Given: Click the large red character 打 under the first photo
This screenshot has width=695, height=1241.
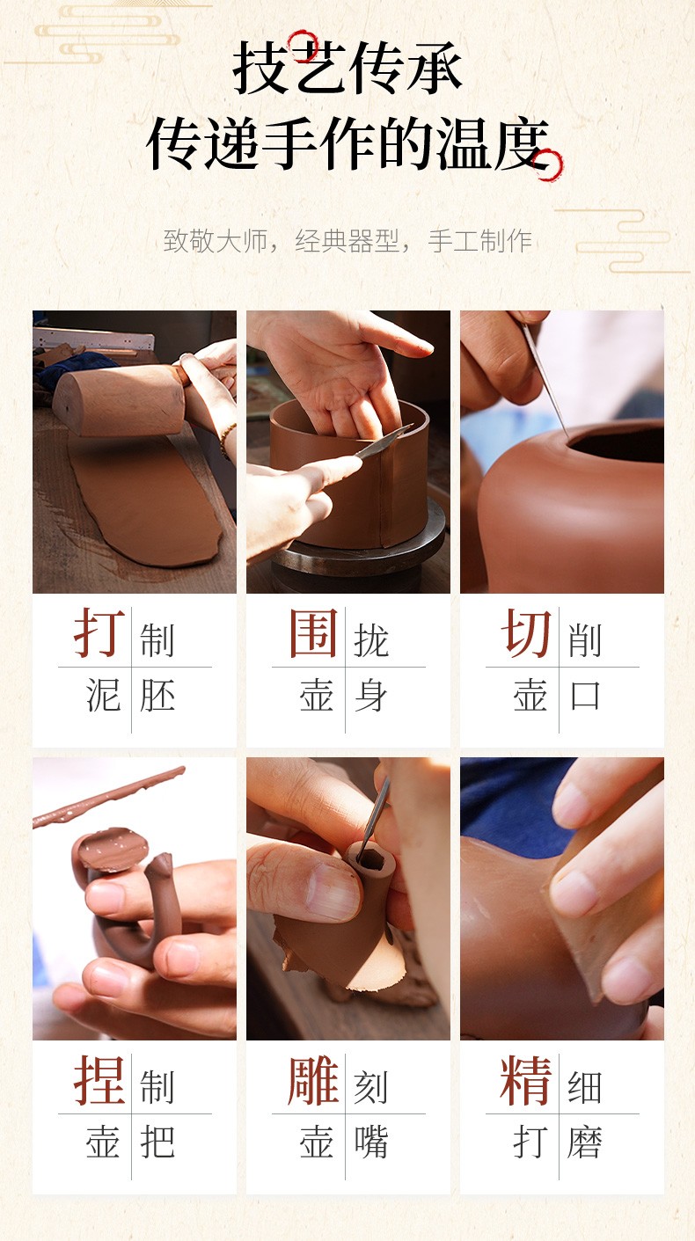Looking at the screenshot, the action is pyautogui.click(x=99, y=632).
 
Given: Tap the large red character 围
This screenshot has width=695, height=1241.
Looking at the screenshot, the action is pyautogui.click(x=313, y=632).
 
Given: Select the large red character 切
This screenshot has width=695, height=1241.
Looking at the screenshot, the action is pyautogui.click(x=526, y=632).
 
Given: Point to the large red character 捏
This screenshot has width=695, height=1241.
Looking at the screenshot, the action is pyautogui.click(x=99, y=1079).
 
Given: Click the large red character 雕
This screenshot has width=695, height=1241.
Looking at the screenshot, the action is pyautogui.click(x=313, y=1079).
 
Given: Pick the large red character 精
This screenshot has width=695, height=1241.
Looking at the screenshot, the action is pyautogui.click(x=526, y=1079).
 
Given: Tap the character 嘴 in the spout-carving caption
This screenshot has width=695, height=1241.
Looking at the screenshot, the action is pyautogui.click(x=370, y=1142).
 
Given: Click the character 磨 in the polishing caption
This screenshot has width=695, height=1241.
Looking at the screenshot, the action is pyautogui.click(x=585, y=1142).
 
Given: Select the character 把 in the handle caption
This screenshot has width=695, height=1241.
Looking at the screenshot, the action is pyautogui.click(x=157, y=1142).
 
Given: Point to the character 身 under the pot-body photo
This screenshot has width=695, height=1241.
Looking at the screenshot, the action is pyautogui.click(x=370, y=696).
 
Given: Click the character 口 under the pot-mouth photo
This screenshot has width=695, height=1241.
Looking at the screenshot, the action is pyautogui.click(x=585, y=696).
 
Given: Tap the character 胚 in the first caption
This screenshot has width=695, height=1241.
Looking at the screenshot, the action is pyautogui.click(x=157, y=696).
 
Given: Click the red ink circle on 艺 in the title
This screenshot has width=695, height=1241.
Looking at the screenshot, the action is pyautogui.click(x=303, y=46).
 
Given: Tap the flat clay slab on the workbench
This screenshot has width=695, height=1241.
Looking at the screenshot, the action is pyautogui.click(x=145, y=499).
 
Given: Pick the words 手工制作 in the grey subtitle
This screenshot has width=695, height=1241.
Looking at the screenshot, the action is pyautogui.click(x=480, y=241).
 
